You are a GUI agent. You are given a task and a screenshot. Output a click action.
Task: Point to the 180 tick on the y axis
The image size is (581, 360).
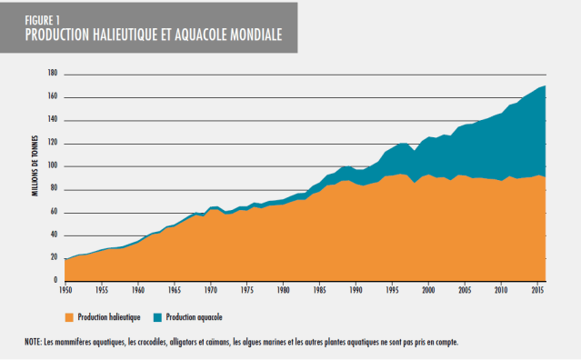pos(53,73)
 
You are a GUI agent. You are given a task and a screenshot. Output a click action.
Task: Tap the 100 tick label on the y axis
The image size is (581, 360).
pos(53,166)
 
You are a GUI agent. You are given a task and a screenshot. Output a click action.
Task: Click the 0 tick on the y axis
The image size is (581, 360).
pos(55,281)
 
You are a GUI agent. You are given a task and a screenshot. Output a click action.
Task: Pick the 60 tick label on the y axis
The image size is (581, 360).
pos(55,212)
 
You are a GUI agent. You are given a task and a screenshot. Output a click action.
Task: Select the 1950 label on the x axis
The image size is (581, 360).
pos(65,292)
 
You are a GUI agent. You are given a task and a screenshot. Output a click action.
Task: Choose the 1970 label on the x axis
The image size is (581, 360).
pos(209,292)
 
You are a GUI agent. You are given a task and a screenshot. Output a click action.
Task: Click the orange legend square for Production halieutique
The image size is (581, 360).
pos(70,317)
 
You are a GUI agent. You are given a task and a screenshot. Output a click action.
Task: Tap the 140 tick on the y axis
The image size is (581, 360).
pos(53,119)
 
